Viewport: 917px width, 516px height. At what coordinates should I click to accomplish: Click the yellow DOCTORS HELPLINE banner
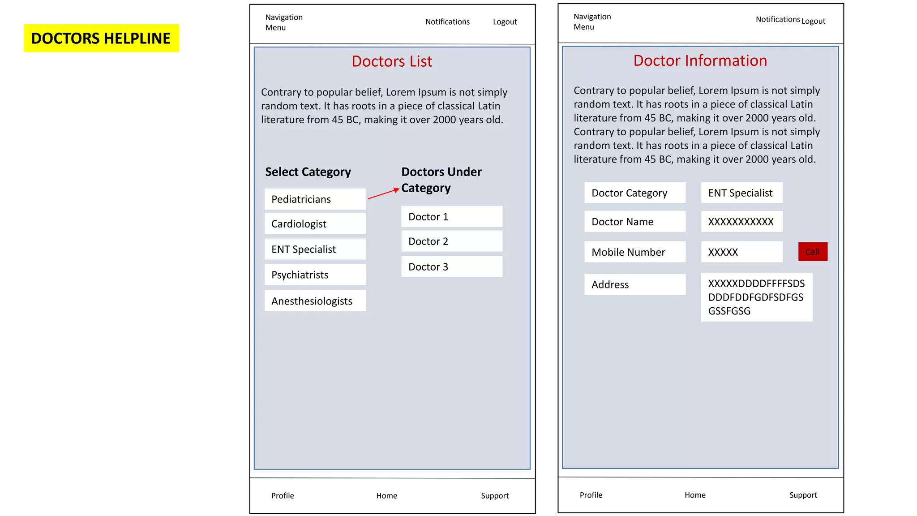coord(101,38)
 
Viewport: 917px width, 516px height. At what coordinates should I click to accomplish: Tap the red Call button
coord(812,251)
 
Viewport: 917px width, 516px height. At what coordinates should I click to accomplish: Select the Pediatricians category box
coord(315,199)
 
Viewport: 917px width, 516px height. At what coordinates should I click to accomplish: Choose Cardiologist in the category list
coord(315,224)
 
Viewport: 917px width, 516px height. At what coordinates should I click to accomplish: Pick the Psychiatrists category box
coord(315,275)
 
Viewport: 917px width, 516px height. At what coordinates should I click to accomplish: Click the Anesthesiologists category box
coord(315,301)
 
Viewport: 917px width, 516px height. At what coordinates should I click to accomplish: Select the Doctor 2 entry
coord(451,241)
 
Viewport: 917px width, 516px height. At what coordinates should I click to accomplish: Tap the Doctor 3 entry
coord(451,267)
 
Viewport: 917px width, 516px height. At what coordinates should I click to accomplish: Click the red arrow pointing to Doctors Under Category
coord(383,193)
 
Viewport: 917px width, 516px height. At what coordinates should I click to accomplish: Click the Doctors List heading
coord(392,61)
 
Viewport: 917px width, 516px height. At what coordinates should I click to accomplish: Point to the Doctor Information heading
coord(700,60)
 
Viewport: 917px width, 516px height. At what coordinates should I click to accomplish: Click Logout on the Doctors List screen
coord(505,22)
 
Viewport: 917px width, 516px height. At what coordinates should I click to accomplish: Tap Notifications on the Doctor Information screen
coord(777,19)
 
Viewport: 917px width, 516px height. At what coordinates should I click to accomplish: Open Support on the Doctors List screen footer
coord(494,495)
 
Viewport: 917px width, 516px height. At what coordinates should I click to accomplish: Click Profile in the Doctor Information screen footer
coord(591,495)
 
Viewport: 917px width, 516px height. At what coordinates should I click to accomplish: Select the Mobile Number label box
coord(634,252)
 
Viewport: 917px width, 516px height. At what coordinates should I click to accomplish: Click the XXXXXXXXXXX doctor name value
coord(741,222)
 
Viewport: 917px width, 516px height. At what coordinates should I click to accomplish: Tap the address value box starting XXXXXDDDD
coord(756,297)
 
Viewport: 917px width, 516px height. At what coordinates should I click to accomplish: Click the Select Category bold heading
coord(308,172)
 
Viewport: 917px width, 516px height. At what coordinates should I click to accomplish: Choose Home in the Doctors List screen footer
coord(386,495)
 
